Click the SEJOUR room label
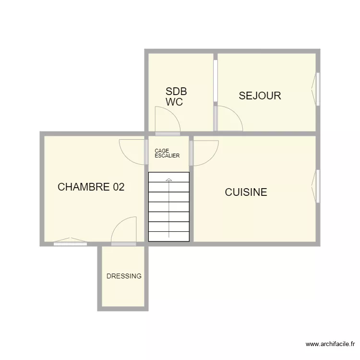click(260, 96)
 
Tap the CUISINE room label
click(246, 192)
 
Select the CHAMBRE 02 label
click(91, 187)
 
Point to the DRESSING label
click(124, 276)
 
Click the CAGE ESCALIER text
click(167, 153)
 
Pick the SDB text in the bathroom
click(176, 91)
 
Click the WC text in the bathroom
click(174, 102)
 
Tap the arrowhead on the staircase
click(168, 180)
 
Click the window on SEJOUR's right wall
click(317, 89)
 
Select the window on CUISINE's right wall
click(317, 186)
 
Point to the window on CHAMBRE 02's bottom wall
click(70, 243)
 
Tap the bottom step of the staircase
click(169, 236)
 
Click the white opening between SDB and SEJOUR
click(216, 81)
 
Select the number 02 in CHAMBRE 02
click(119, 187)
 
